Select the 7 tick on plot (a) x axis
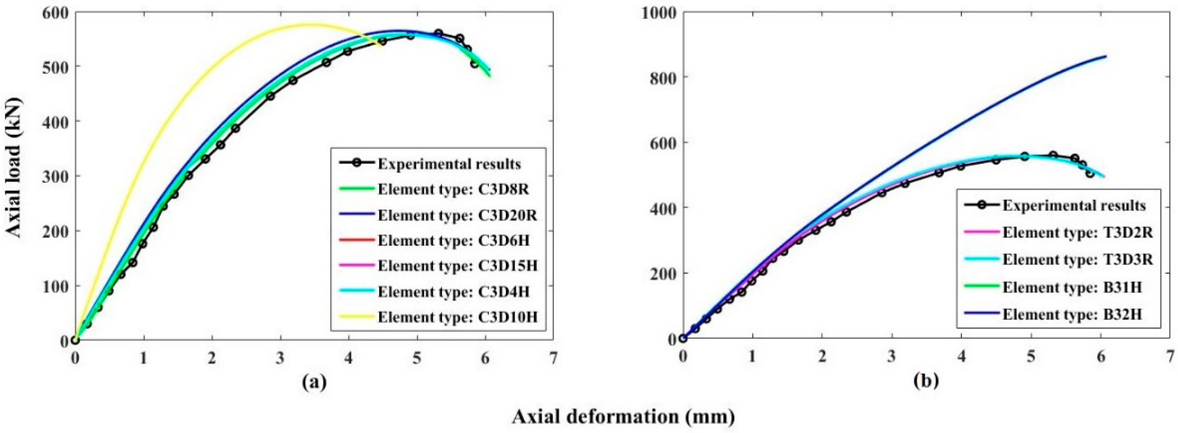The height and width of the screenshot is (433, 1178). pyautogui.click(x=553, y=358)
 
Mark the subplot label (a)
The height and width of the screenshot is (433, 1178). pyautogui.click(x=314, y=381)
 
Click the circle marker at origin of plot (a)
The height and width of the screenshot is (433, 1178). pyautogui.click(x=75, y=340)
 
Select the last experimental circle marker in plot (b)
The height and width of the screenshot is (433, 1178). pyautogui.click(x=1090, y=174)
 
